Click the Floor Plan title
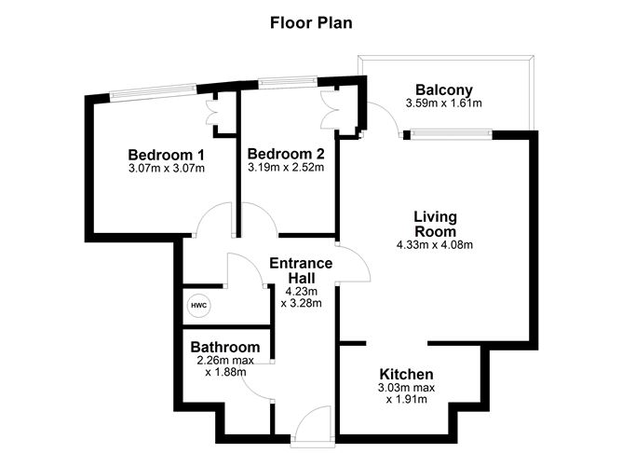311,21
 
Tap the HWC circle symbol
198,305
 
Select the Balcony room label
443,89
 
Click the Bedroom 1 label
166,154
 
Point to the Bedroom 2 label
285,154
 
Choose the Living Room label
435,224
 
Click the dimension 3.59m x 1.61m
443,103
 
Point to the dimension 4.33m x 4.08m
435,246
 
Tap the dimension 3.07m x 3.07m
166,169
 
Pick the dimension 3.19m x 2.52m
285,169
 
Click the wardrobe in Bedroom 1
216,111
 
